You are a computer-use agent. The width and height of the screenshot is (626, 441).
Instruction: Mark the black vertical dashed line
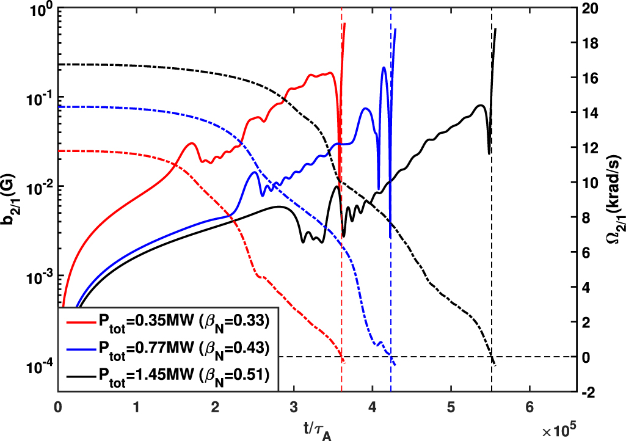pos(492,244)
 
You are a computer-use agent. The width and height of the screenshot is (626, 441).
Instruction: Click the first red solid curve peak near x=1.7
pos(192,143)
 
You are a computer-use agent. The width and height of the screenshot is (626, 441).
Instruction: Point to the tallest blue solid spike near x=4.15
pos(384,68)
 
